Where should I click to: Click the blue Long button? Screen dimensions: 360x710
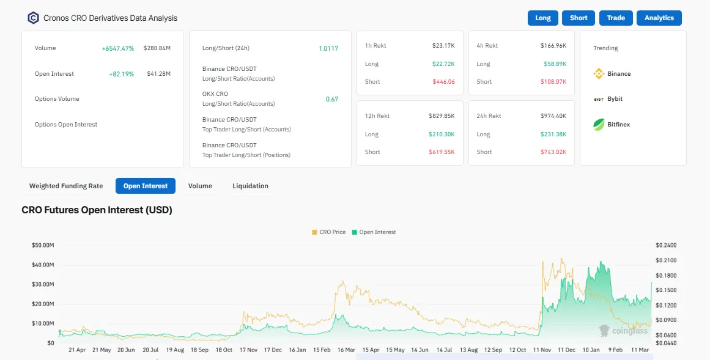543,18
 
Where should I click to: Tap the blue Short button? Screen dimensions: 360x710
579,18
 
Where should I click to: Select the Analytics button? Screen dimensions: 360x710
659,18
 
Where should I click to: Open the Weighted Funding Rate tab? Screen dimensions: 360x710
66,186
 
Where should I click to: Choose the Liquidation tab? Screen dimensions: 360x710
250,186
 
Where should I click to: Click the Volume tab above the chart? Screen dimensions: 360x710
200,186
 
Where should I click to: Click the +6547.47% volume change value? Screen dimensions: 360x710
118,48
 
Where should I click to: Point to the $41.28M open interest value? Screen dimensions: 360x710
159,74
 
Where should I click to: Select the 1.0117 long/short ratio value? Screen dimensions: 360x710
328,48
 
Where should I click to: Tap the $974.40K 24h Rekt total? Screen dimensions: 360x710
553,116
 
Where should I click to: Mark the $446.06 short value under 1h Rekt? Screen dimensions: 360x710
443,82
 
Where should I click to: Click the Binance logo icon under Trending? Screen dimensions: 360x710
599,74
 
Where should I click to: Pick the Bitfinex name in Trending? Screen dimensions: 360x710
618,125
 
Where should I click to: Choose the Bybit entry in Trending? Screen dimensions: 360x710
615,99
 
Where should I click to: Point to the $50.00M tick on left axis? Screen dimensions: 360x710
43,245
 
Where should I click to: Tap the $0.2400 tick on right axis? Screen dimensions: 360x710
666,245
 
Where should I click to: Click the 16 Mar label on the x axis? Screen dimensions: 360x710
346,350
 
